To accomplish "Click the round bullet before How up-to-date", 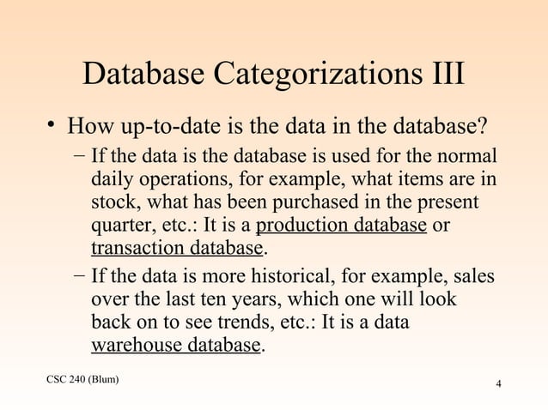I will [52, 128].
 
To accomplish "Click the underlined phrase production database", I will [342, 226].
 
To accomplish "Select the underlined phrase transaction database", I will [176, 249].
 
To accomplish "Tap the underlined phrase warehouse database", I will [175, 345].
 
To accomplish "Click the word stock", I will [113, 204].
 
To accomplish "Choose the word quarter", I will [120, 226].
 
